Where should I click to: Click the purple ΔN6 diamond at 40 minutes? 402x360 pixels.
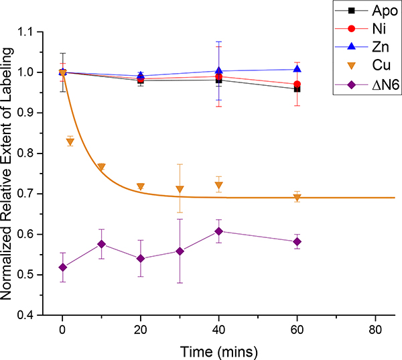(218, 231)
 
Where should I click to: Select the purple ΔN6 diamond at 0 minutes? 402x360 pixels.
(62, 267)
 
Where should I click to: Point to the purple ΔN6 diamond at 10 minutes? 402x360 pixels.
(101, 244)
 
